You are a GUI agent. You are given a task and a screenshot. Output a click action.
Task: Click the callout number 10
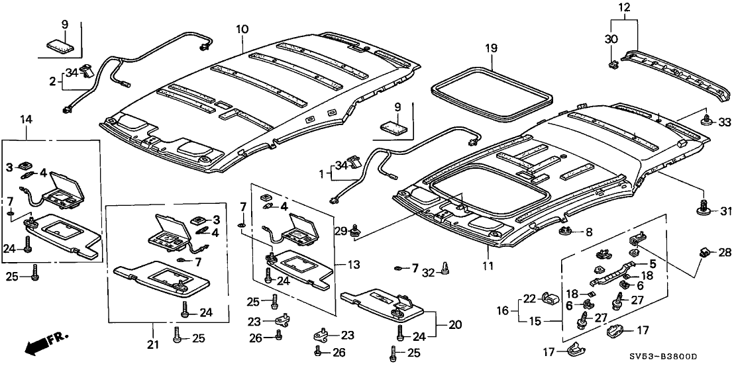pyautogui.click(x=242, y=30)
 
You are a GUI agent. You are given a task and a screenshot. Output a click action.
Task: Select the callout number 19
pyautogui.click(x=490, y=49)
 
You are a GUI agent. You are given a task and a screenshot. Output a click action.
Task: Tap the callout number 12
pyautogui.click(x=624, y=9)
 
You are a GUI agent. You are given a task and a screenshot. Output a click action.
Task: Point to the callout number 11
pyautogui.click(x=488, y=266)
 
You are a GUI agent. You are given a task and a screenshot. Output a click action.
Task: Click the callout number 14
pyautogui.click(x=26, y=119)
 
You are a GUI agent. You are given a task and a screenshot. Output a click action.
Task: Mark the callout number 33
pyautogui.click(x=724, y=121)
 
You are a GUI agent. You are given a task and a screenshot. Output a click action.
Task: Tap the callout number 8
pyautogui.click(x=589, y=232)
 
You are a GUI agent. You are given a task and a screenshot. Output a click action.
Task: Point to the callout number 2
pyautogui.click(x=52, y=82)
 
